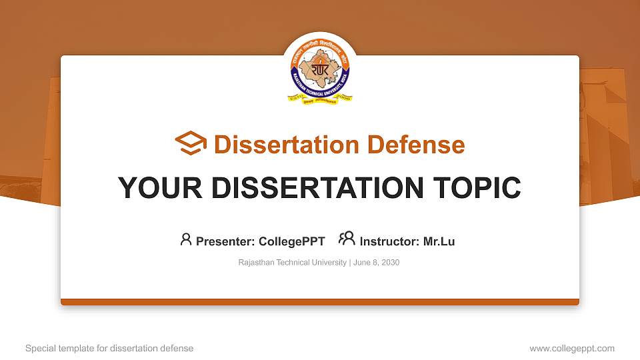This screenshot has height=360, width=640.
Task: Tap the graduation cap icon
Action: point(191,144)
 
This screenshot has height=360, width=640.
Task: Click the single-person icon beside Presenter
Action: point(186,239)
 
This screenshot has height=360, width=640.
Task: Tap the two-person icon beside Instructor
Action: point(347,239)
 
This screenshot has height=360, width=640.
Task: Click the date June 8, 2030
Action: point(377,263)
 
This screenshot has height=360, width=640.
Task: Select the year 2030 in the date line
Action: point(390,263)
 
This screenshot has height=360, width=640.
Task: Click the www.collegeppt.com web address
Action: point(572,348)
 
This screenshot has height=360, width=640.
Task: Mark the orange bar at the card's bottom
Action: point(320,302)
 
